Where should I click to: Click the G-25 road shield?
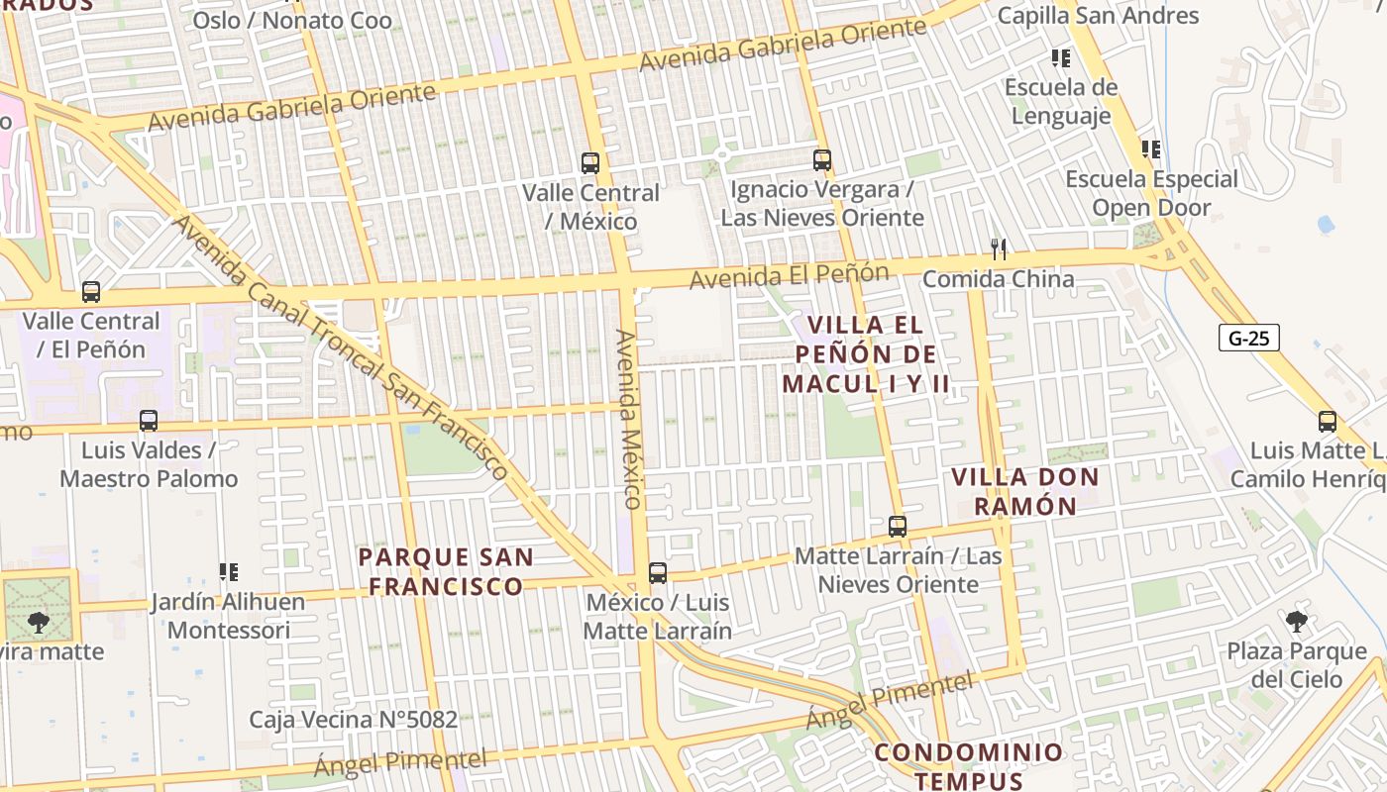(x=1248, y=339)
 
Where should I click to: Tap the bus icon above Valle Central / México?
(x=590, y=163)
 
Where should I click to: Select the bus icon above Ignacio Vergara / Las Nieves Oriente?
(x=821, y=160)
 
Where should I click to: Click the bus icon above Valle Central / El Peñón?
(x=91, y=292)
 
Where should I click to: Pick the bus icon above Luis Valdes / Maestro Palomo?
(x=149, y=421)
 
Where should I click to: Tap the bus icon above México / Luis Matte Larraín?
(x=657, y=573)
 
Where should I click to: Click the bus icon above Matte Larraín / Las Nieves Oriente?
(x=898, y=527)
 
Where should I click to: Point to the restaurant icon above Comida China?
(x=999, y=249)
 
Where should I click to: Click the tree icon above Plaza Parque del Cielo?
(x=1296, y=622)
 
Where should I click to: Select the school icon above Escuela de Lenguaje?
(x=1061, y=58)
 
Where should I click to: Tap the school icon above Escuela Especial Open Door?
(x=1151, y=149)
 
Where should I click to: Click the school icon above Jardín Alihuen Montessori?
(x=229, y=572)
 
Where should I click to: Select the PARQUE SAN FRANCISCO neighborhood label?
(x=446, y=571)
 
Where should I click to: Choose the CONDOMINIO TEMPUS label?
(x=969, y=765)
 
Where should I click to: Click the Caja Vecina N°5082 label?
(x=353, y=720)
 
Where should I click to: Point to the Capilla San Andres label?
(x=1098, y=16)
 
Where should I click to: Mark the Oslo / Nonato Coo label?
(x=292, y=20)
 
